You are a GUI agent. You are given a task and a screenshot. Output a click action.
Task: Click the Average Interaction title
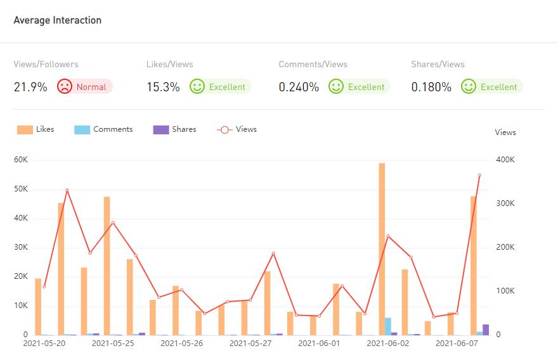(x=57, y=20)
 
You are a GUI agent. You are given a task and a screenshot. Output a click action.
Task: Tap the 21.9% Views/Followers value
(x=30, y=87)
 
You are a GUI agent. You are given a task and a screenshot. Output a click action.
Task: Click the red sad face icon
(x=65, y=87)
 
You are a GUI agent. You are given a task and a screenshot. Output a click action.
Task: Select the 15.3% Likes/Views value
(x=163, y=87)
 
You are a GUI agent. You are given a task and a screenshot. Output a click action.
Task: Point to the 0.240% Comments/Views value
(x=299, y=87)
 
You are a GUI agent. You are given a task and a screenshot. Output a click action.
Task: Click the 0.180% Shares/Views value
(x=431, y=87)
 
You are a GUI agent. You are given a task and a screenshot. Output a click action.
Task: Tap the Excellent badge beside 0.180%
(x=491, y=87)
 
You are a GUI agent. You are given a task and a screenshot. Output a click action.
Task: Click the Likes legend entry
(x=36, y=129)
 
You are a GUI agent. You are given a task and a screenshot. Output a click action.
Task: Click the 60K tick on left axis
(x=21, y=160)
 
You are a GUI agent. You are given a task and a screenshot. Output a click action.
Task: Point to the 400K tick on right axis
(x=505, y=160)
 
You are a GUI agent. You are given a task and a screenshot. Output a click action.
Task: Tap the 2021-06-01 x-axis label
(x=319, y=344)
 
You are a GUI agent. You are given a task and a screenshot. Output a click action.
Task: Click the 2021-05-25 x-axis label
(x=113, y=344)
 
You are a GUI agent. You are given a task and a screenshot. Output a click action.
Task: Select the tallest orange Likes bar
(x=382, y=248)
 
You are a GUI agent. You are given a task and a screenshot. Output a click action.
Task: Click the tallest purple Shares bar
(x=486, y=330)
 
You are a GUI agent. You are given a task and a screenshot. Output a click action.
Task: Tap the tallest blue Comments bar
(x=388, y=326)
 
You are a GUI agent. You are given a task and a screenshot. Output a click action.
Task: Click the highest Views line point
(x=479, y=175)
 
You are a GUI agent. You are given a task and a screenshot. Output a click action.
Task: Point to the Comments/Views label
(x=313, y=64)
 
